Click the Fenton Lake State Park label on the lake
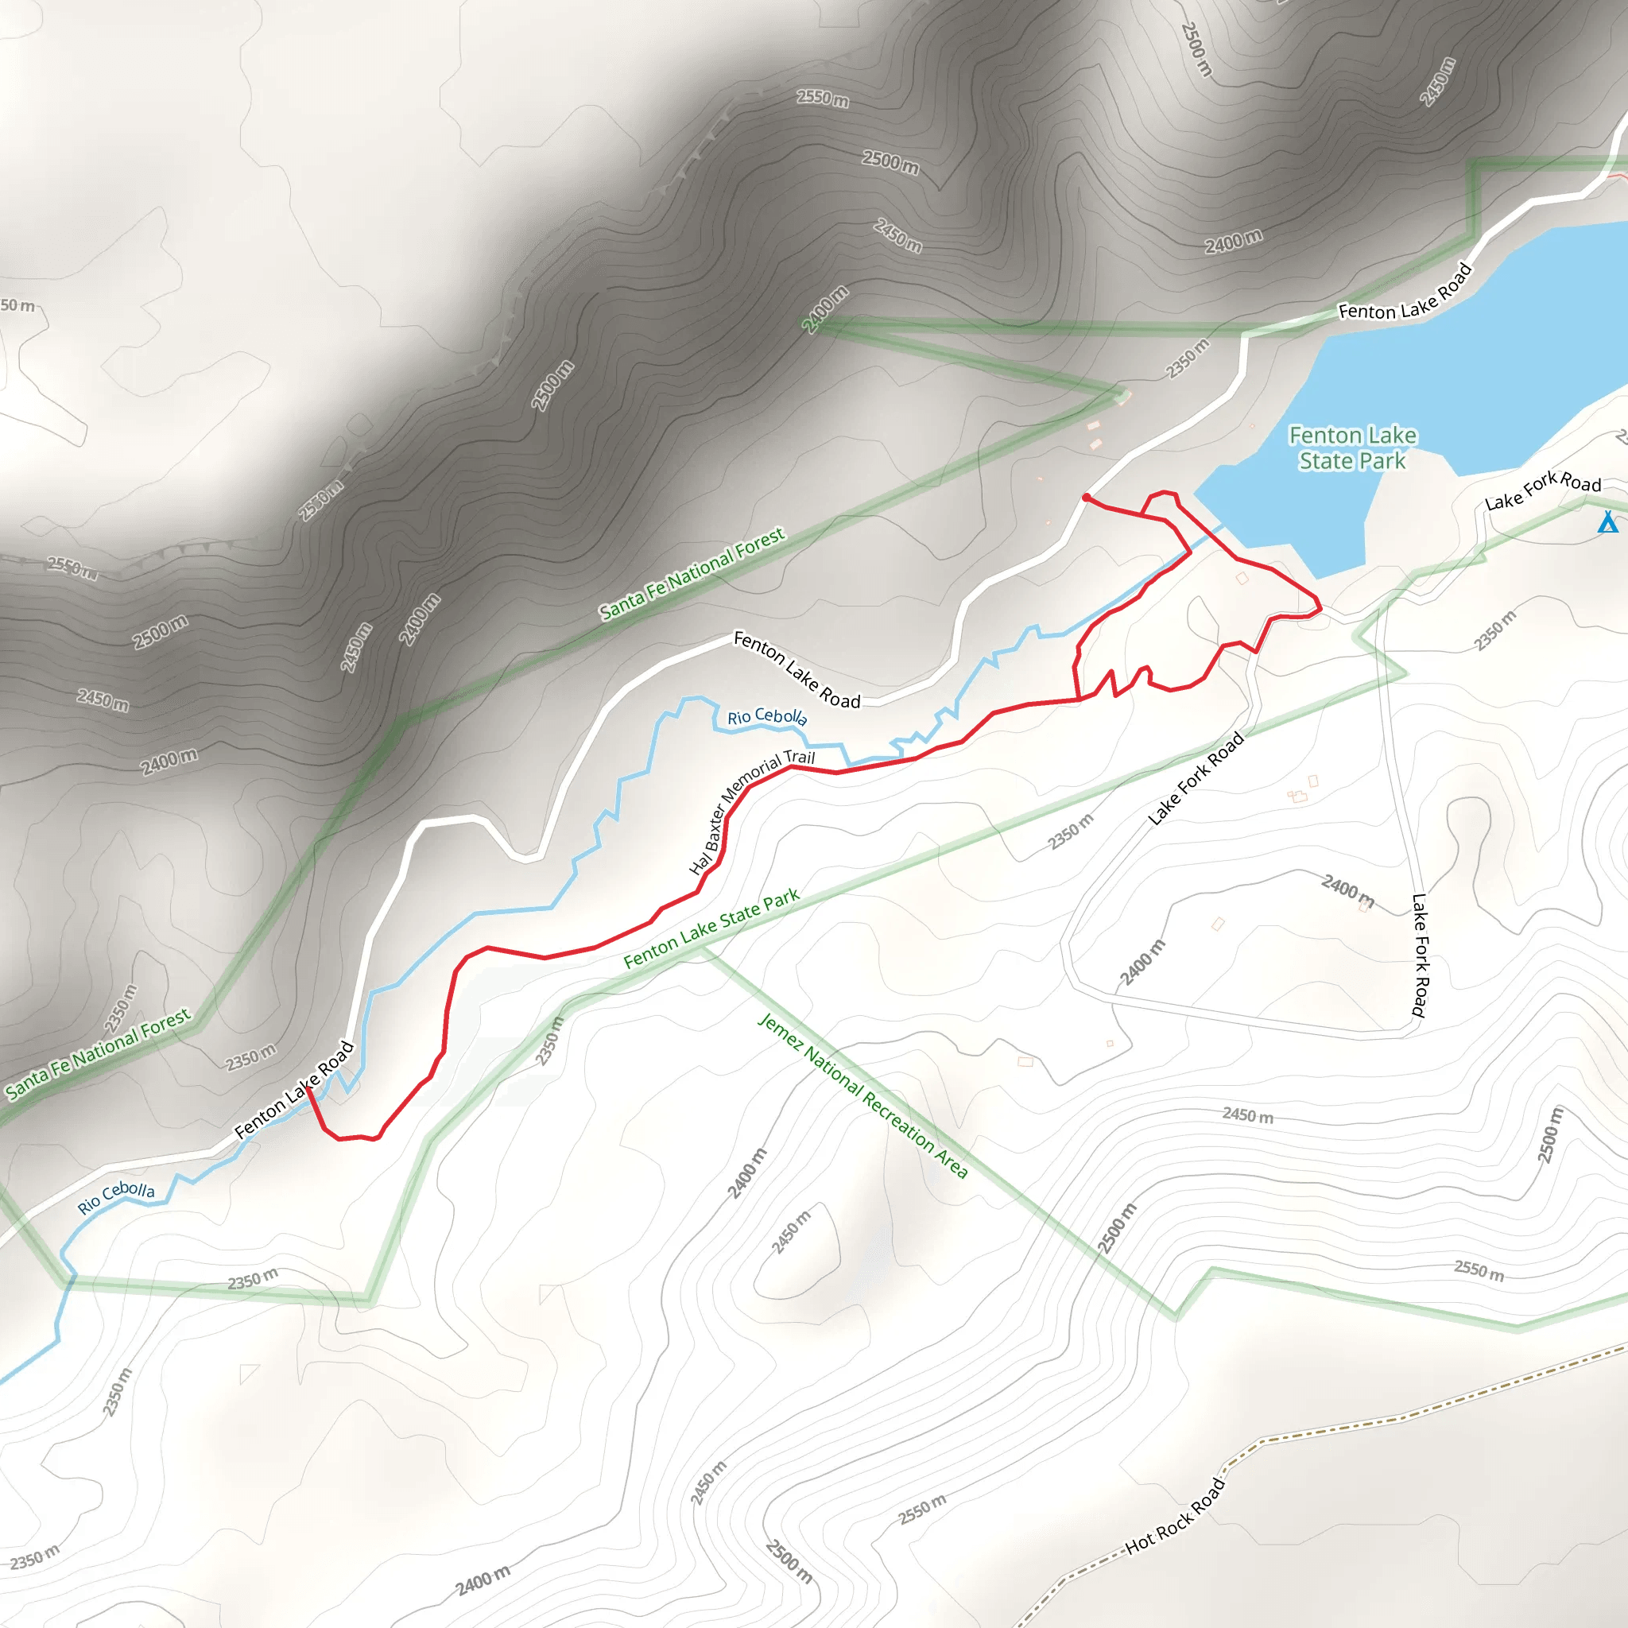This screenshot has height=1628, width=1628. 1352,448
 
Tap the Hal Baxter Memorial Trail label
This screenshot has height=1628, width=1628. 752,812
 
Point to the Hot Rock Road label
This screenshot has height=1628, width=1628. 1175,1516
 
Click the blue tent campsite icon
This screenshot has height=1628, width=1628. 1608,523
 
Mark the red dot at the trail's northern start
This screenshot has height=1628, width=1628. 1086,498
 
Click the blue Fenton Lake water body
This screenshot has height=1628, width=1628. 1483,354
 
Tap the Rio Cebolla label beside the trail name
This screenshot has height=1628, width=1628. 767,716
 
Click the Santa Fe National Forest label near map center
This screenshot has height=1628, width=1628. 692,573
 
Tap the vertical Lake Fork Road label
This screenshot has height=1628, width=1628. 1420,955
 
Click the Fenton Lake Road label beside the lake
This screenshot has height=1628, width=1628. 1405,293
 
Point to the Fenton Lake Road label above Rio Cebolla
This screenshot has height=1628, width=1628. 797,670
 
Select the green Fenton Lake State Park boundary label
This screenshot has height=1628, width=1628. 711,928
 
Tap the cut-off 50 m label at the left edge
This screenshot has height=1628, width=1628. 17,305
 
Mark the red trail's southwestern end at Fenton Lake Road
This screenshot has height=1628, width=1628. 308,1090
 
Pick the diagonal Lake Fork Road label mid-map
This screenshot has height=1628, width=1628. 1196,778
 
